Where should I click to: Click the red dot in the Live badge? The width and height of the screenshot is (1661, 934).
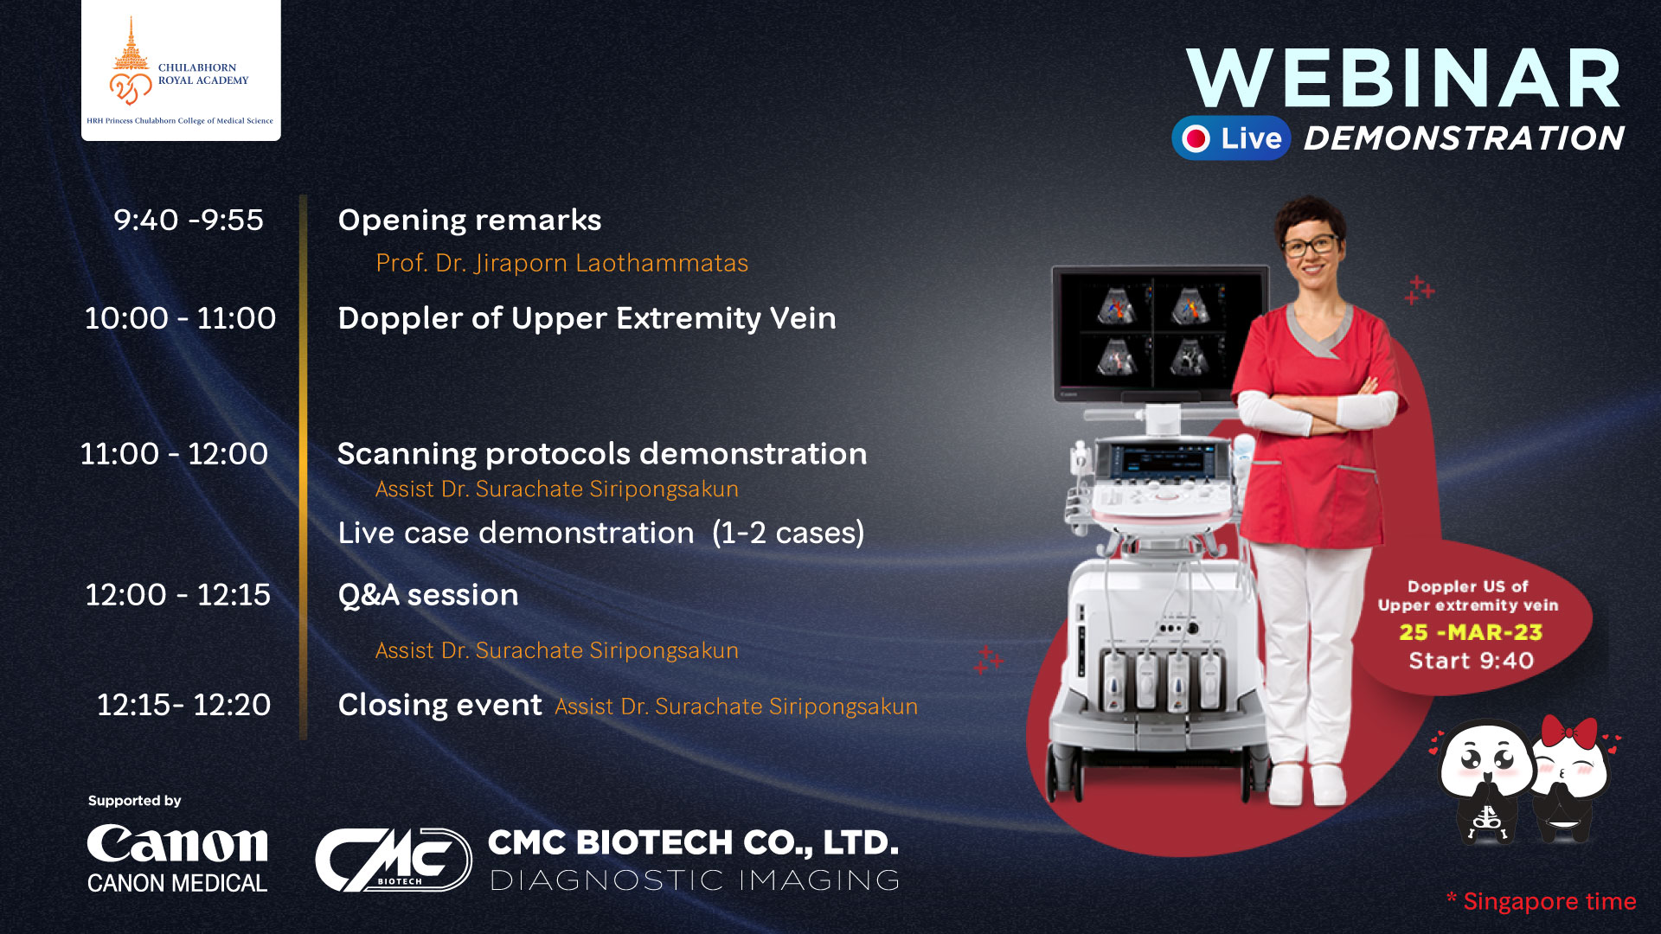tap(1196, 138)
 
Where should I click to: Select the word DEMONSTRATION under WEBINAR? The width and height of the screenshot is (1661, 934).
tap(1464, 138)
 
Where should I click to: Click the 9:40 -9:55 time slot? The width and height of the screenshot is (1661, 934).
tap(189, 220)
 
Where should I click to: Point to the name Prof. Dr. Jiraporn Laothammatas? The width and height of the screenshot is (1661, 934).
tap(562, 263)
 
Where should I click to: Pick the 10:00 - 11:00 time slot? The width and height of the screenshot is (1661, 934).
tap(180, 318)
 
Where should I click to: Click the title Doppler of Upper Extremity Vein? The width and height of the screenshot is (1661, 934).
tap(587, 318)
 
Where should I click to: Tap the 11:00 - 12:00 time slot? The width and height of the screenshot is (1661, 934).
tap(174, 454)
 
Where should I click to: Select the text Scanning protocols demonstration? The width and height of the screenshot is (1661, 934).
tap(602, 454)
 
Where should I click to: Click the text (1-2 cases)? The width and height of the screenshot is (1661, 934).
tap(788, 533)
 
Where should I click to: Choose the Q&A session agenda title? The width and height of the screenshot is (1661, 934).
tap(428, 595)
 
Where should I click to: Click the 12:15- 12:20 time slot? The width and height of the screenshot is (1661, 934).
tap(183, 705)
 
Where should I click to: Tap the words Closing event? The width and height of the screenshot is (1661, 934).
tap(439, 705)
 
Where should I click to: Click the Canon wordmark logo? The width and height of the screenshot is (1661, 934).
tap(177, 844)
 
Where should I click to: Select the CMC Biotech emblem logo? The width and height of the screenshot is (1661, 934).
tap(393, 860)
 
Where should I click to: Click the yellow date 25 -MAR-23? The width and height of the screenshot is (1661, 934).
tap(1471, 632)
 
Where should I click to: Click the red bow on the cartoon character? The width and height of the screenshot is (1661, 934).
tap(1568, 732)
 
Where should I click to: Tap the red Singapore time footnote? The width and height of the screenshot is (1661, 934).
tap(1542, 901)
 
